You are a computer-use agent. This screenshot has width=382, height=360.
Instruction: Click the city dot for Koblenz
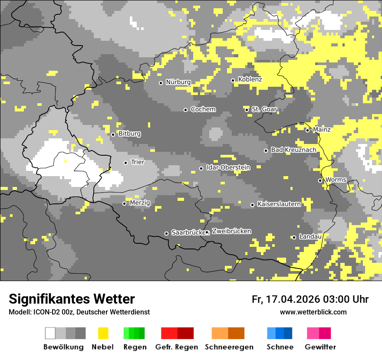233,80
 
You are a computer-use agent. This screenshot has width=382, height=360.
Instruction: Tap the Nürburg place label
178,82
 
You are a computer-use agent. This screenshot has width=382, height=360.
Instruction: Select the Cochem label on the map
203,109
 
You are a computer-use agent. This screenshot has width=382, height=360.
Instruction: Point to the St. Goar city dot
247,110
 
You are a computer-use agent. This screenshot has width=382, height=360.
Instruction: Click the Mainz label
322,130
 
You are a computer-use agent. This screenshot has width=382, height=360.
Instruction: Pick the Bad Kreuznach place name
293,150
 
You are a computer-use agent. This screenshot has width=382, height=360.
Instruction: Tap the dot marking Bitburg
113,134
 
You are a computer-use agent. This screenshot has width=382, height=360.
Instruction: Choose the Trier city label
138,162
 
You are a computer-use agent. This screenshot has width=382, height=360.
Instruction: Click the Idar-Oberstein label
228,167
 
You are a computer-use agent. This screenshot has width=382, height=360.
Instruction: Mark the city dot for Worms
320,180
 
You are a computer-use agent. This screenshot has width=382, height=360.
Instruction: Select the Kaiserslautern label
279,204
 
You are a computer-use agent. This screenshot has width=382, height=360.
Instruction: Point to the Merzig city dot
125,203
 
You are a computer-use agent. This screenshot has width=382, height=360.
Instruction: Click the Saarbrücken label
188,232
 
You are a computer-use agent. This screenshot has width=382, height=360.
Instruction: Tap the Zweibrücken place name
232,231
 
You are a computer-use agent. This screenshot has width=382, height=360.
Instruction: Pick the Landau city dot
294,237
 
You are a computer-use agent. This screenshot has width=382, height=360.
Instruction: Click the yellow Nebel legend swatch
103,333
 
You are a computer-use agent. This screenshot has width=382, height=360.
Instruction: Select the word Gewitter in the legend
320,347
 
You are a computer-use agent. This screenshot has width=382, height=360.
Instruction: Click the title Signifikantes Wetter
72,299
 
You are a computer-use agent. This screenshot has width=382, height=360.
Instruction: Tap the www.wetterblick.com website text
313,312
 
